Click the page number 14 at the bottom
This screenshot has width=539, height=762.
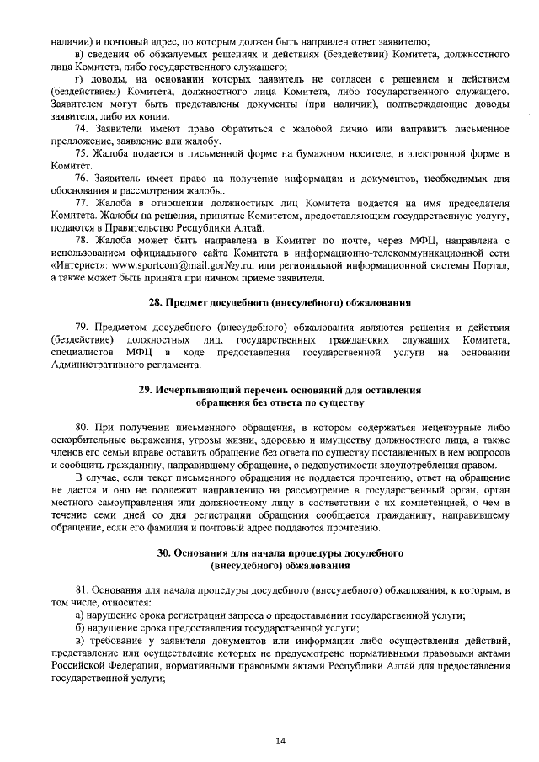pyautogui.click(x=280, y=740)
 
